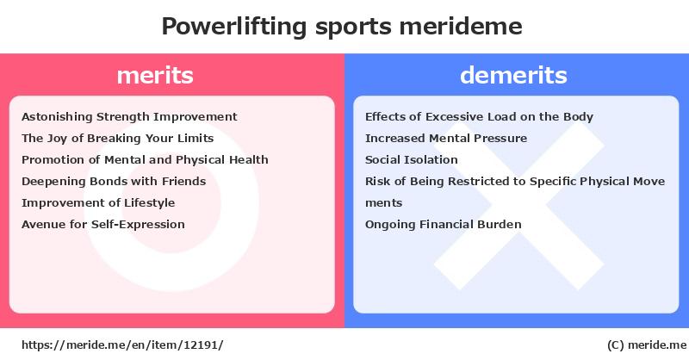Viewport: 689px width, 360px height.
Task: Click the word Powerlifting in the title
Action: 234,27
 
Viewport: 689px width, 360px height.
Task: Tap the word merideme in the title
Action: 461,26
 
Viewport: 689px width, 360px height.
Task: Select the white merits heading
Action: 155,75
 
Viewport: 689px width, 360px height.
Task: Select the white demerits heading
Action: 513,75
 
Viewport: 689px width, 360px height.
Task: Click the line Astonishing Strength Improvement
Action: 129,117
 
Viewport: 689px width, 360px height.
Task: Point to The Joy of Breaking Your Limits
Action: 117,139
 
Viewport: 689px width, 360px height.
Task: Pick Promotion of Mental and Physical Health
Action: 145,159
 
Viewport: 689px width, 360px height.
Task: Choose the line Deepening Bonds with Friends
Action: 114,181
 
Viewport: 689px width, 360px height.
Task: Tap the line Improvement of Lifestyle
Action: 98,203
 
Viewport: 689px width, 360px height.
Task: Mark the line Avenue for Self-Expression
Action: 102,225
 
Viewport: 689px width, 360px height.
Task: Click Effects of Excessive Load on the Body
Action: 479,117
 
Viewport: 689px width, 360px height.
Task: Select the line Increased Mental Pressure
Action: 446,139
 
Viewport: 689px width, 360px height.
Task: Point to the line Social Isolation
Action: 412,159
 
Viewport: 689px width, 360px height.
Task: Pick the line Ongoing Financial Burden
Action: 443,225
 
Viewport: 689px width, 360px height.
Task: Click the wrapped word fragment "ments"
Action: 383,203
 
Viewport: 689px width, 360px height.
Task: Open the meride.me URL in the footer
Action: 122,345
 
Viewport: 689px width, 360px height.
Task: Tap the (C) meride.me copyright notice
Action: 647,345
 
